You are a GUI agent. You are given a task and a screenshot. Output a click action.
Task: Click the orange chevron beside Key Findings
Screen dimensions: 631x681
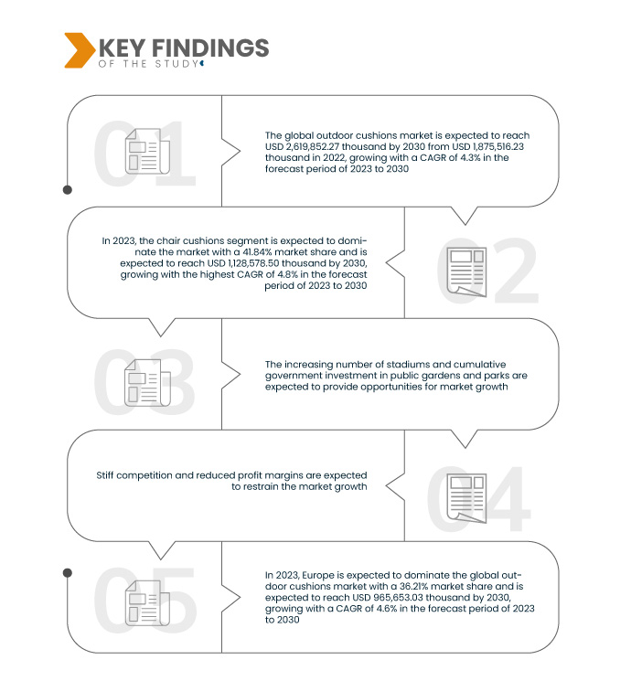[x=79, y=50]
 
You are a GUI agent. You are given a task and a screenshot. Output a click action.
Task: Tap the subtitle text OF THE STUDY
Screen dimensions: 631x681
[x=148, y=64]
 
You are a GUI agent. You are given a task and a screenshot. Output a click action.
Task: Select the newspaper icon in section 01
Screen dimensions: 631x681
[x=147, y=151]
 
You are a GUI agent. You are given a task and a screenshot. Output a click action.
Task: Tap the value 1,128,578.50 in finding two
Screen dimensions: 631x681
[x=253, y=263]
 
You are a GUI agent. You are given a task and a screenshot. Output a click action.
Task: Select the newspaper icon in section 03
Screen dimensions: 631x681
[x=147, y=383]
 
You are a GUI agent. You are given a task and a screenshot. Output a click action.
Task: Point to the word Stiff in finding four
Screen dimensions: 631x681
[x=105, y=475]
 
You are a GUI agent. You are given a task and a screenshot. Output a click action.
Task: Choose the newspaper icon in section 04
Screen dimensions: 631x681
[x=466, y=498]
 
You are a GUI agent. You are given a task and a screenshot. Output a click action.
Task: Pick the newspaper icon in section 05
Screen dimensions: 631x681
[x=147, y=602]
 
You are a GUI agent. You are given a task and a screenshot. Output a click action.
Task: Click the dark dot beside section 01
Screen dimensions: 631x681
[x=68, y=190]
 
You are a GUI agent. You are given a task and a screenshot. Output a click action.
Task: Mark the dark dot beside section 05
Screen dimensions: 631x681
[x=68, y=573]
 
